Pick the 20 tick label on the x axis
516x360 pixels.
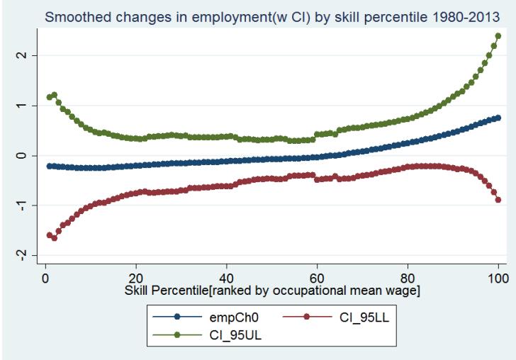click(136, 279)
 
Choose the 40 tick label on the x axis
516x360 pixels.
click(227, 279)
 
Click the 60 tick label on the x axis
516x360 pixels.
click(317, 279)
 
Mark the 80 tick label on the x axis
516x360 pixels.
click(408, 279)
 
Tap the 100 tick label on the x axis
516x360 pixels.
click(498, 279)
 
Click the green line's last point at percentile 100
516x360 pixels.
click(498, 35)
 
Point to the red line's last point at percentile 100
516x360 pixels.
click(498, 200)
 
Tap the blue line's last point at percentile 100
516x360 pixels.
click(498, 118)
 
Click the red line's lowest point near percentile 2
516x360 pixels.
click(55, 238)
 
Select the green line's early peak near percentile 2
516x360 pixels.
click(55, 94)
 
